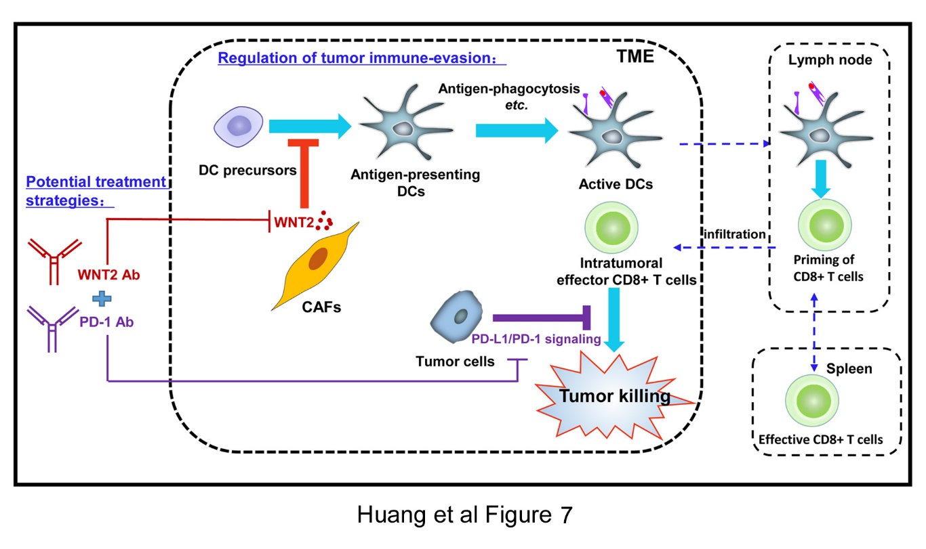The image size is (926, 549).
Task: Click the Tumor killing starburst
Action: (x=613, y=397)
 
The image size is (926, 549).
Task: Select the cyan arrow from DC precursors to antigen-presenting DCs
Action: (x=309, y=126)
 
